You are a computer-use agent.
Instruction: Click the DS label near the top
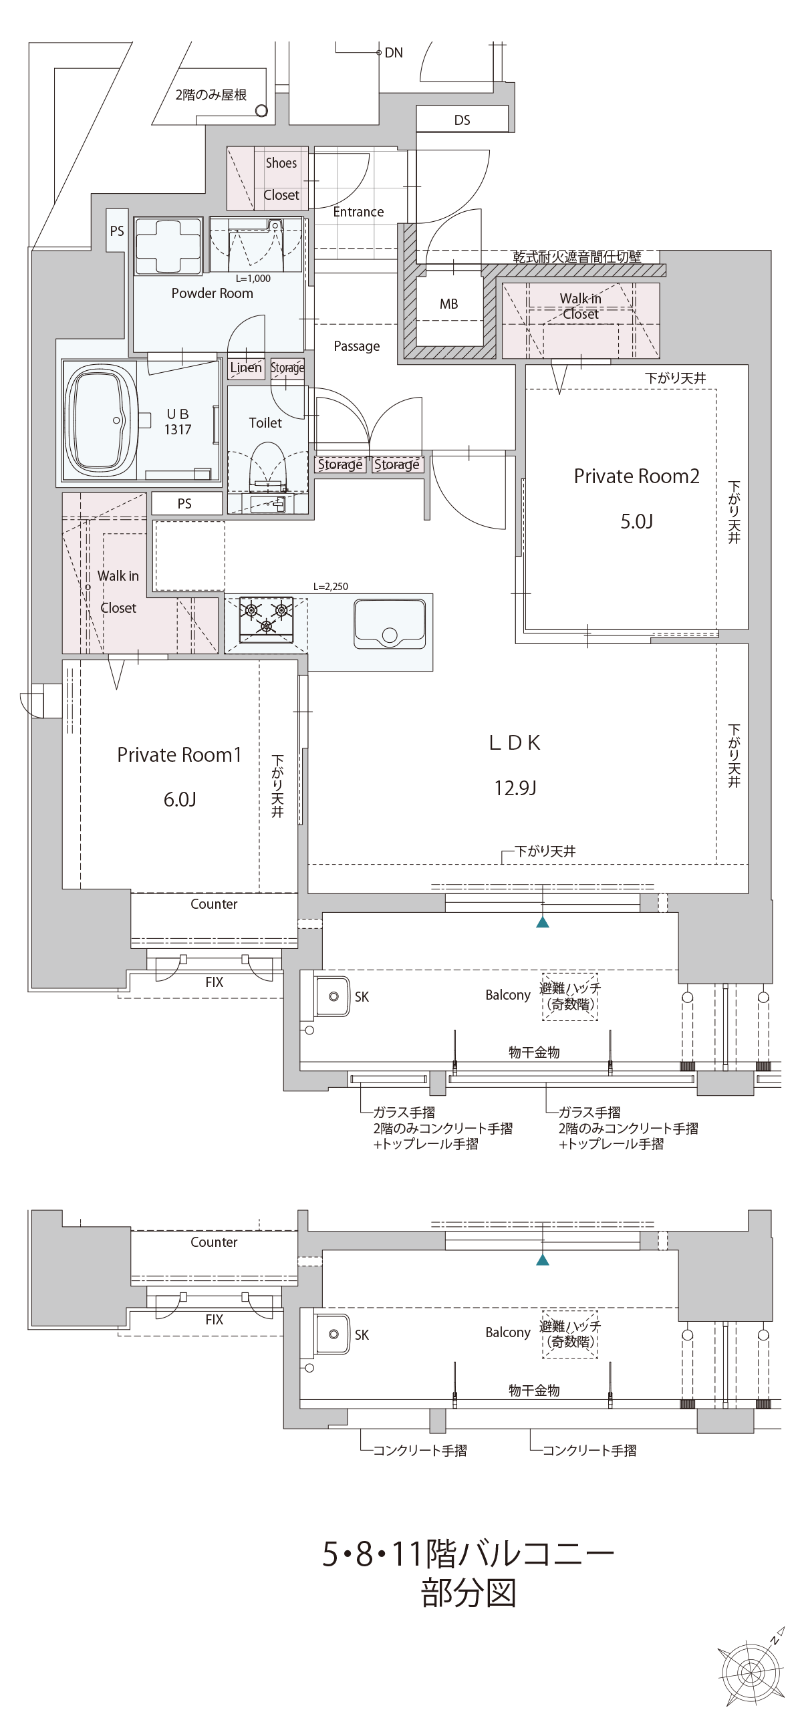462,120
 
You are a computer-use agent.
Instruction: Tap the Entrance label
358,212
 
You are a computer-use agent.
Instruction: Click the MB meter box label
448,304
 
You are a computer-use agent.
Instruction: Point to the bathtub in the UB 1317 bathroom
100,420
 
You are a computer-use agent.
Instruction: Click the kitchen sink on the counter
389,623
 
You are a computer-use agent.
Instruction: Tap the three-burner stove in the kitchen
267,618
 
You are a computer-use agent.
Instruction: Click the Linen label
246,368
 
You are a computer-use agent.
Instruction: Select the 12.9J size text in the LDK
515,788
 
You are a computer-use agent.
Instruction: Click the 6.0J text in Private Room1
179,799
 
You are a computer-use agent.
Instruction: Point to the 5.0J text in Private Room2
636,521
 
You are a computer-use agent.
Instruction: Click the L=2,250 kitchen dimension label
331,586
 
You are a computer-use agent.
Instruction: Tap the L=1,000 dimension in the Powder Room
253,279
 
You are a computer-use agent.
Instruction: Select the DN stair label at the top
394,53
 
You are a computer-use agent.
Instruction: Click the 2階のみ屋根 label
211,95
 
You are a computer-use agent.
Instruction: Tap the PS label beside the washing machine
117,231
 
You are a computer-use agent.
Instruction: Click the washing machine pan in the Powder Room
168,246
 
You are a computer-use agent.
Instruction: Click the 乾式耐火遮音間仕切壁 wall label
577,257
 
